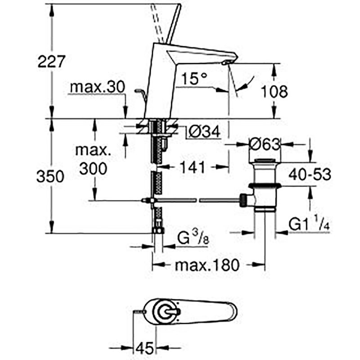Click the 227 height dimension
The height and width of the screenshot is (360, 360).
click(51, 62)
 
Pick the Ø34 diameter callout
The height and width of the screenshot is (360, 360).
click(204, 132)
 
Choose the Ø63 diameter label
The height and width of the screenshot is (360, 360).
click(265, 144)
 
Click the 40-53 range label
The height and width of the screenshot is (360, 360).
click(310, 174)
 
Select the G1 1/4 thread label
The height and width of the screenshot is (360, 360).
click(309, 224)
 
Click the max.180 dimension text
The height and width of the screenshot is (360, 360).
click(207, 265)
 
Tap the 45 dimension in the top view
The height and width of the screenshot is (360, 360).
click(144, 347)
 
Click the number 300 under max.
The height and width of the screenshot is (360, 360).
click(93, 169)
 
